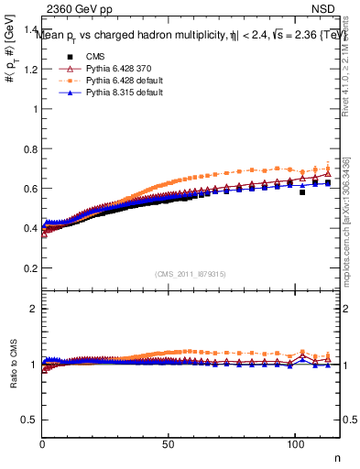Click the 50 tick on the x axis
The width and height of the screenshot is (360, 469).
167,444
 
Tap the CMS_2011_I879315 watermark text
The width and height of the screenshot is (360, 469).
191,274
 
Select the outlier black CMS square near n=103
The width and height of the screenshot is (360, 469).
302,192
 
